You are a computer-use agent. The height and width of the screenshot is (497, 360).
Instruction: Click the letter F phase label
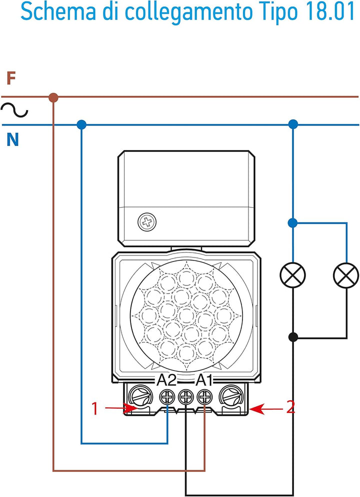pos(11,78)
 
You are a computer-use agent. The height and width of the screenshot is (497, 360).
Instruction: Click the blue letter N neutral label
pos(12,140)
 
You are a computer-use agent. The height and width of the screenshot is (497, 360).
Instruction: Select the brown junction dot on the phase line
pos(53,97)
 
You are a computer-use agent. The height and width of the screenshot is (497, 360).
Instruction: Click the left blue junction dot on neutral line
pos(81,124)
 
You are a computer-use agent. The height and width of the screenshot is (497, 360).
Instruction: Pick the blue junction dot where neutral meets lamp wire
pos(293,124)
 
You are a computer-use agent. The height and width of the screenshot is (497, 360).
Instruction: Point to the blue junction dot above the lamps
pos(293,222)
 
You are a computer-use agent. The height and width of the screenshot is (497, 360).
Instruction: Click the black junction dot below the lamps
pos(293,337)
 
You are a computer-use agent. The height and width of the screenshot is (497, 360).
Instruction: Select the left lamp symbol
pos(293,274)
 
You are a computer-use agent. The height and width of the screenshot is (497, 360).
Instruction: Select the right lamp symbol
pos(346,274)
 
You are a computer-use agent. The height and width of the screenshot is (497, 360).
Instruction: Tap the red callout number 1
pos(94,408)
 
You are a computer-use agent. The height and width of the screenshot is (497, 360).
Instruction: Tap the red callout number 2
pos(290,408)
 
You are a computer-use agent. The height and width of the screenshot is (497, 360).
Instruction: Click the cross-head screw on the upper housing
pos(146,222)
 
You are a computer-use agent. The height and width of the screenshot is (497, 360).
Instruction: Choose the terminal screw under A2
pos(167,397)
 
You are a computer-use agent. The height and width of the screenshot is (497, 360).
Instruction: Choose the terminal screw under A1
pos(204,397)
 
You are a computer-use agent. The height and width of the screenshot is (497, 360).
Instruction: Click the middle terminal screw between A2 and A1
pos(185,397)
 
